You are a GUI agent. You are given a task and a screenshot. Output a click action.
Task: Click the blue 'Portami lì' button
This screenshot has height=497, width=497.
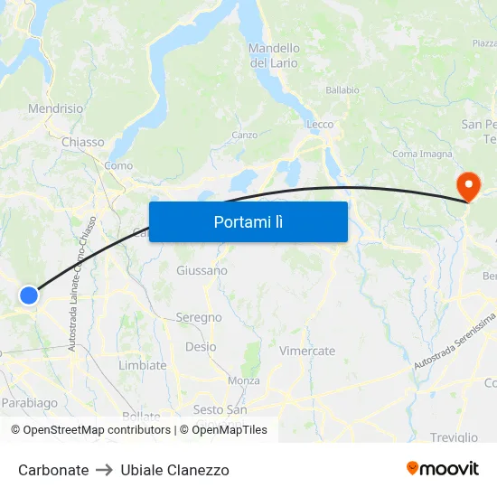pos(248,221)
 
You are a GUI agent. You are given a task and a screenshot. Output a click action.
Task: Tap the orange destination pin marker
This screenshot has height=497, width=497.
pos(469,186)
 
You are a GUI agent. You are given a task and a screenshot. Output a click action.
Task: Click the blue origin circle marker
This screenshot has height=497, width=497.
pos(29,295)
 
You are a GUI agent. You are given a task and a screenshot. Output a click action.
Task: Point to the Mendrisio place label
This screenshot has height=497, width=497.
pos(56,108)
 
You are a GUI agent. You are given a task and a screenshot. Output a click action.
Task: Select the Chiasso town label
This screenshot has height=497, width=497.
pos(82,142)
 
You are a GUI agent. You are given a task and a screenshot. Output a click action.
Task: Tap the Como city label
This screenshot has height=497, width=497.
pos(118,165)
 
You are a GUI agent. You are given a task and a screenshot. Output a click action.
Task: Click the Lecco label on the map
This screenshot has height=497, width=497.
pos(320,125)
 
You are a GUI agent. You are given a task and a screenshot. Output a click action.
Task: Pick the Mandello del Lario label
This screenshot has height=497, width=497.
pos(274,55)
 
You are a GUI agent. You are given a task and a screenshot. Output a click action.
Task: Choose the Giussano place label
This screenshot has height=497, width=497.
pos(202,270)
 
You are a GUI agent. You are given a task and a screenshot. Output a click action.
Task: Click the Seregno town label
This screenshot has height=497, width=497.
pos(199,317)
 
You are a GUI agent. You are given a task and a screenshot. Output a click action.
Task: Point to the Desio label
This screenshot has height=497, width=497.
pos(200,346)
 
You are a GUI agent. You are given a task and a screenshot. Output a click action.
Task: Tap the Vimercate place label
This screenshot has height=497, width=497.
pos(307,351)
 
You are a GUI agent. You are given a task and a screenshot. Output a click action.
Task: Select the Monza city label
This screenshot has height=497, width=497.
pos(243,381)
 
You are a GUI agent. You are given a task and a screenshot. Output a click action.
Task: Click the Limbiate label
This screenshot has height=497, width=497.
pos(143,365)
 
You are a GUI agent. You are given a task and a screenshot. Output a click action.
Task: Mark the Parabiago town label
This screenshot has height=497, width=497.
pos(29,403)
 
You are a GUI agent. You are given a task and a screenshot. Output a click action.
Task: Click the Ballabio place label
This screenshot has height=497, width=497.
pos(342,90)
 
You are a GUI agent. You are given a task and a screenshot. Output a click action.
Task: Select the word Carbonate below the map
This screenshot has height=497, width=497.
pos(53,470)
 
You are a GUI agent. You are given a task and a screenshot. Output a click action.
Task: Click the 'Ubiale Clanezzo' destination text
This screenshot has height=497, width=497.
pos(174,470)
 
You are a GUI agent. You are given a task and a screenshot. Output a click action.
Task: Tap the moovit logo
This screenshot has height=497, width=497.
pos(443,468)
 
